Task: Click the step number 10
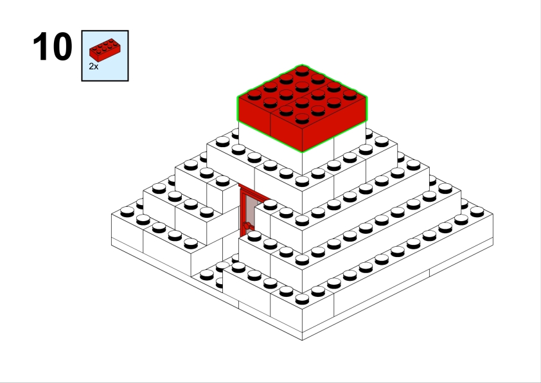[53, 46]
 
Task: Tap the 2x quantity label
[94, 67]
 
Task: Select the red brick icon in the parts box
[105, 50]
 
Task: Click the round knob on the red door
[247, 226]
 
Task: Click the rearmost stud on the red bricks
[302, 71]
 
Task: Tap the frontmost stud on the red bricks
[302, 118]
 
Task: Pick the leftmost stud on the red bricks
[254, 94]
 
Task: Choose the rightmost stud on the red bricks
[350, 94]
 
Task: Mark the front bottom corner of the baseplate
[302, 340]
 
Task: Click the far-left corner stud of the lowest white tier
[127, 211]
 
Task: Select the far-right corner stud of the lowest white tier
[477, 211]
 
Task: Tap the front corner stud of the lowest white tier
[302, 299]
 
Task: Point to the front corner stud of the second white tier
[302, 260]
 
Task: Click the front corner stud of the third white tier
[302, 220]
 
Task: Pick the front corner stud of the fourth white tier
[302, 181]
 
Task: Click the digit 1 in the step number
[40, 46]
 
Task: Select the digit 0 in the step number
[62, 46]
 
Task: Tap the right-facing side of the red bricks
[334, 125]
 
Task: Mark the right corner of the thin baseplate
[493, 245]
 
